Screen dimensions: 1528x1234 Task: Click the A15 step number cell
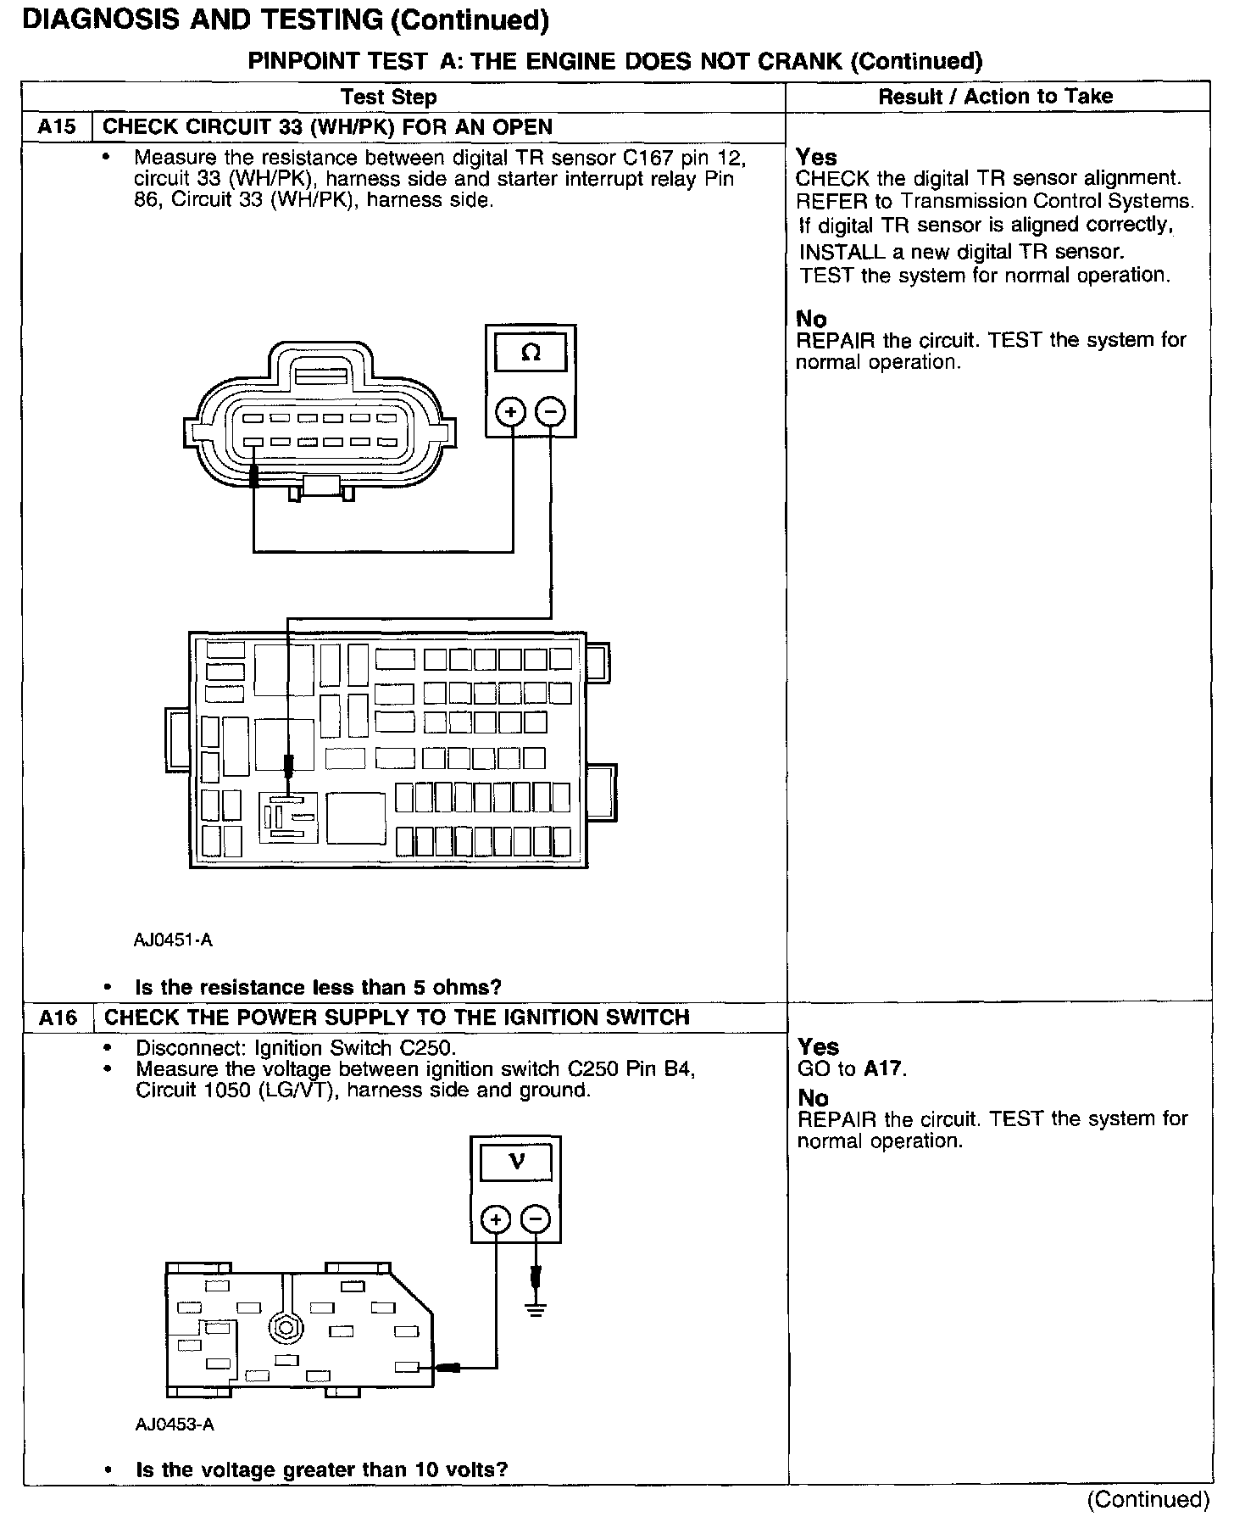point(57,127)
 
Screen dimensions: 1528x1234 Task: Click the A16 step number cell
point(58,1018)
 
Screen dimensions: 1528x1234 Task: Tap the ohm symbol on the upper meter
point(531,352)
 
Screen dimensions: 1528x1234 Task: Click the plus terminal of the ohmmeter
point(511,412)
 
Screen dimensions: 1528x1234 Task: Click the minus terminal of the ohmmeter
point(551,412)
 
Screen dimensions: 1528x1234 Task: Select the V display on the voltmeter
point(516,1161)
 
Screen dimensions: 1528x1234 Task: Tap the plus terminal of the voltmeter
point(496,1219)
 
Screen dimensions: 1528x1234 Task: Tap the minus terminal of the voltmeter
point(536,1219)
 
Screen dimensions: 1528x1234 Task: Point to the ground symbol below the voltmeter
point(536,1309)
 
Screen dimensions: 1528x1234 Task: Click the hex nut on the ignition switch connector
point(280,1328)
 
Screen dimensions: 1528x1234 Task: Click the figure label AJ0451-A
point(173,940)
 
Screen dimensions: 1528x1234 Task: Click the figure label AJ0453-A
point(175,1425)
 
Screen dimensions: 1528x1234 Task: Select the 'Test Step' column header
point(389,97)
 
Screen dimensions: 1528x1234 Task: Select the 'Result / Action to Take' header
point(995,97)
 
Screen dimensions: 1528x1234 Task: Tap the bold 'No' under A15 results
point(811,319)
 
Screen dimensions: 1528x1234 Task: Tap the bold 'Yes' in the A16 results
point(818,1046)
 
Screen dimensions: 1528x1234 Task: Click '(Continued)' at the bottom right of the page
point(1148,1499)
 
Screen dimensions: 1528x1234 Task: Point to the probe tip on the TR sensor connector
point(253,475)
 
